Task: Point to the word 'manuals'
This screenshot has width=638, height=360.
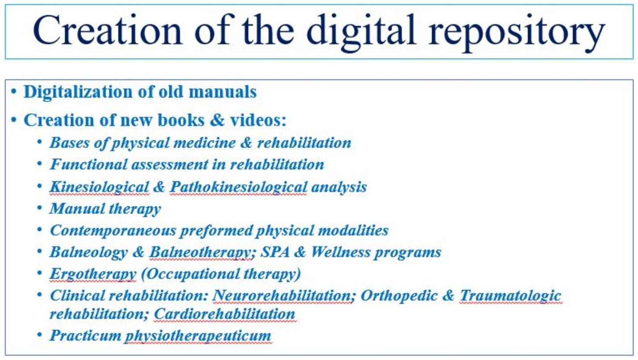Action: click(222, 92)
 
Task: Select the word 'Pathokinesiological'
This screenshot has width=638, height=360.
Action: click(238, 188)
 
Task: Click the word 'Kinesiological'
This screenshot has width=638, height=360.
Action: click(99, 188)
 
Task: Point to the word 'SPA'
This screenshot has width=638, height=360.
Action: click(275, 251)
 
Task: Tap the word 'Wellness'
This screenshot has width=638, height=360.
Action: click(341, 251)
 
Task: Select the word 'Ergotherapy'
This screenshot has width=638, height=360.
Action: click(93, 274)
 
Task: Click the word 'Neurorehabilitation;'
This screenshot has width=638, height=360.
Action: click(284, 295)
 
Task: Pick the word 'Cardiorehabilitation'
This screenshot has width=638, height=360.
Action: click(225, 314)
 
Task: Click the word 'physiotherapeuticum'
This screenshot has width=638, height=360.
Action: click(198, 336)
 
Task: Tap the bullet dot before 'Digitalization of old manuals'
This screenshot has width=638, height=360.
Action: click(13, 92)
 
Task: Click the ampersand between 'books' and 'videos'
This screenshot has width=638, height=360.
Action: click(217, 120)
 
